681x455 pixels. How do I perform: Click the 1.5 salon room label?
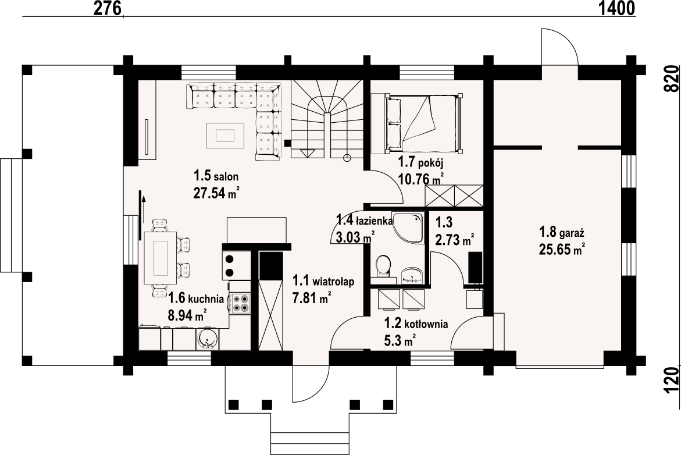216,176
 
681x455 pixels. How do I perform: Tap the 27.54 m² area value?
217,193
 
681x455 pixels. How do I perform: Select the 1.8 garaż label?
562,232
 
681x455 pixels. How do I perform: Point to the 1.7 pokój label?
420,162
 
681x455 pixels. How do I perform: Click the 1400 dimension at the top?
616,8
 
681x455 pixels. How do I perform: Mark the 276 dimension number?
107,8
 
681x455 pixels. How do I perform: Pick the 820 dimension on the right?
672,79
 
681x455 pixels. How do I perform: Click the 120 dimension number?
672,381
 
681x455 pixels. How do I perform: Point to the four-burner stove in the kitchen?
240,303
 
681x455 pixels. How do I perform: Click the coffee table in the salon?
224,136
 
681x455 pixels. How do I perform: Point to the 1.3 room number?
444,222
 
